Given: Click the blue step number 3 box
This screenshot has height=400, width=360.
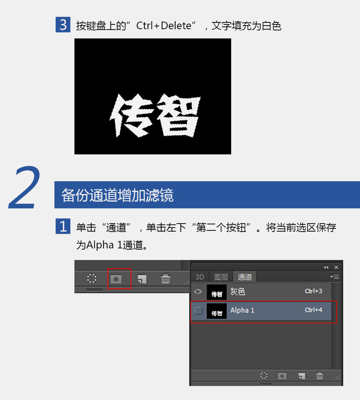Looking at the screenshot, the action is click(63, 24).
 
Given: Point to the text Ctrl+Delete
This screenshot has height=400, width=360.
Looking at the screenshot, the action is click(164, 26).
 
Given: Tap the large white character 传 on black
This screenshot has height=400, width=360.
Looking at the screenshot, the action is click(131, 115).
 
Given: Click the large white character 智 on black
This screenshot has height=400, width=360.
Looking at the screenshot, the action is click(178, 115).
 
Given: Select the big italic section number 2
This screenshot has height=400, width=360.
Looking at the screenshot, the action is click(25, 188).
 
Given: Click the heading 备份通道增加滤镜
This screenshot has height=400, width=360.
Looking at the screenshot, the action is click(117, 195).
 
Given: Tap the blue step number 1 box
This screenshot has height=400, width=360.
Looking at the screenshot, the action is click(63, 226).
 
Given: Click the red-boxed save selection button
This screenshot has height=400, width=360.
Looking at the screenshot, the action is click(116, 279).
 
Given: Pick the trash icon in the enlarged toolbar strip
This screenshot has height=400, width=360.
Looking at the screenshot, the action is click(166, 278).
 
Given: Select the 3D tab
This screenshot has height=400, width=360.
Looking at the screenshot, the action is click(200, 277).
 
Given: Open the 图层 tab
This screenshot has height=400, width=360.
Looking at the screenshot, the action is click(221, 277).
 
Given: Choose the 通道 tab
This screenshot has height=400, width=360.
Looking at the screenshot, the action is click(245, 277).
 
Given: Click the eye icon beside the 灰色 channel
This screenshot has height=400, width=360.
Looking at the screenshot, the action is click(198, 291).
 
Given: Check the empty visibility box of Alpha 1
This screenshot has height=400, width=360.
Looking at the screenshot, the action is click(198, 310).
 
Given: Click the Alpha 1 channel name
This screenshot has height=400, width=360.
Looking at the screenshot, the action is click(242, 310).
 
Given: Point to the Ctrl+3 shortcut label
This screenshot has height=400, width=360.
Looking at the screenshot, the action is click(314, 291).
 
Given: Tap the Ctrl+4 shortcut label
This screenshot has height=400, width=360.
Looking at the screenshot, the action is click(314, 310).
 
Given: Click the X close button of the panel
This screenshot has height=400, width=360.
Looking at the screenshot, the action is click(336, 267).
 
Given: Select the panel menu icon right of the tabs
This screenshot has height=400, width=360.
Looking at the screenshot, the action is click(334, 276).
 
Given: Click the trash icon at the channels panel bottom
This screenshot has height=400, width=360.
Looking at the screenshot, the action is click(320, 376).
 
